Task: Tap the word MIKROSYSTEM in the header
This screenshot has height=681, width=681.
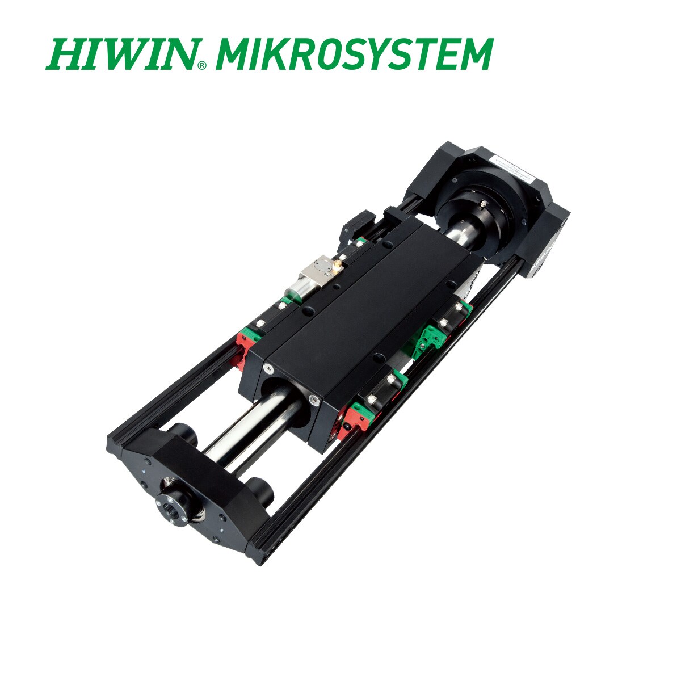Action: click(354, 54)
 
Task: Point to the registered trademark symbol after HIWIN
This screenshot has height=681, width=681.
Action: click(202, 65)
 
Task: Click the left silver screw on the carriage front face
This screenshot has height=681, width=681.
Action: click(264, 369)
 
